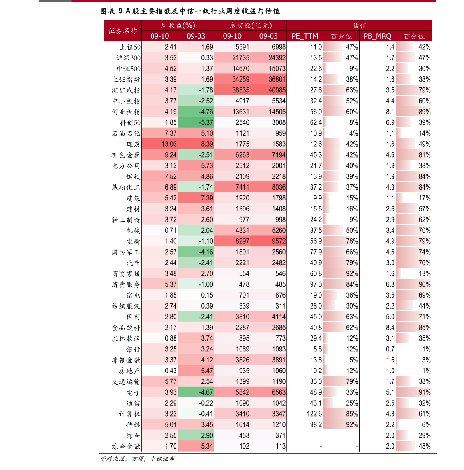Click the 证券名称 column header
tap(123, 30)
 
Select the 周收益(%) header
tap(178, 25)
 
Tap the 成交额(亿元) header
tap(251, 25)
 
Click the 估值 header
tap(360, 25)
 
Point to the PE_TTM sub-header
tap(305, 36)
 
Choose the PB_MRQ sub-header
tap(377, 36)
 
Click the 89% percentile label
tap(425, 112)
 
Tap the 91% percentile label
tap(425, 392)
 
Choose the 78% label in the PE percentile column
tap(350, 241)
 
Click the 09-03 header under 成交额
tap(268, 36)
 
